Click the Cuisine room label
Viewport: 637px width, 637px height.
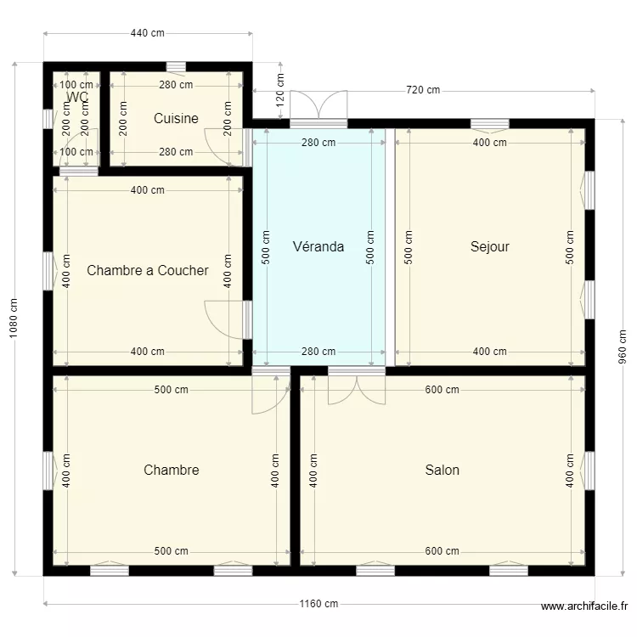tap(176, 119)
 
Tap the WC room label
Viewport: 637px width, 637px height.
tap(76, 97)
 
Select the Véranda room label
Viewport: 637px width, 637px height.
tap(318, 247)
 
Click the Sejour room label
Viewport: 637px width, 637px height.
tap(489, 247)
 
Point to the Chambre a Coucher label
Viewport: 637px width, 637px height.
tap(147, 271)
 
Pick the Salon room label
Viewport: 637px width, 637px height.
tap(442, 470)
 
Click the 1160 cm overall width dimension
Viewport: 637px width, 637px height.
tap(318, 604)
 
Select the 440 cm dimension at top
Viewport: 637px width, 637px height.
tap(147, 33)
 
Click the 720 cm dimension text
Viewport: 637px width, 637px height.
tap(423, 90)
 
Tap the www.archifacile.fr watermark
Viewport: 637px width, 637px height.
tap(584, 606)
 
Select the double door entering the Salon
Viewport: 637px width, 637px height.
tap(357, 386)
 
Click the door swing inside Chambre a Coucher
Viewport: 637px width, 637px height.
tap(223, 318)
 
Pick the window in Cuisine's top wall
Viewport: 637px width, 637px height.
tap(176, 66)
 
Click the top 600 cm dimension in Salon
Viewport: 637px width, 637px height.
tap(442, 390)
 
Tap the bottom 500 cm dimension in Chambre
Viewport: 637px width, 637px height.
tap(171, 551)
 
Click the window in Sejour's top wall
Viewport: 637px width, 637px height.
tap(489, 124)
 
